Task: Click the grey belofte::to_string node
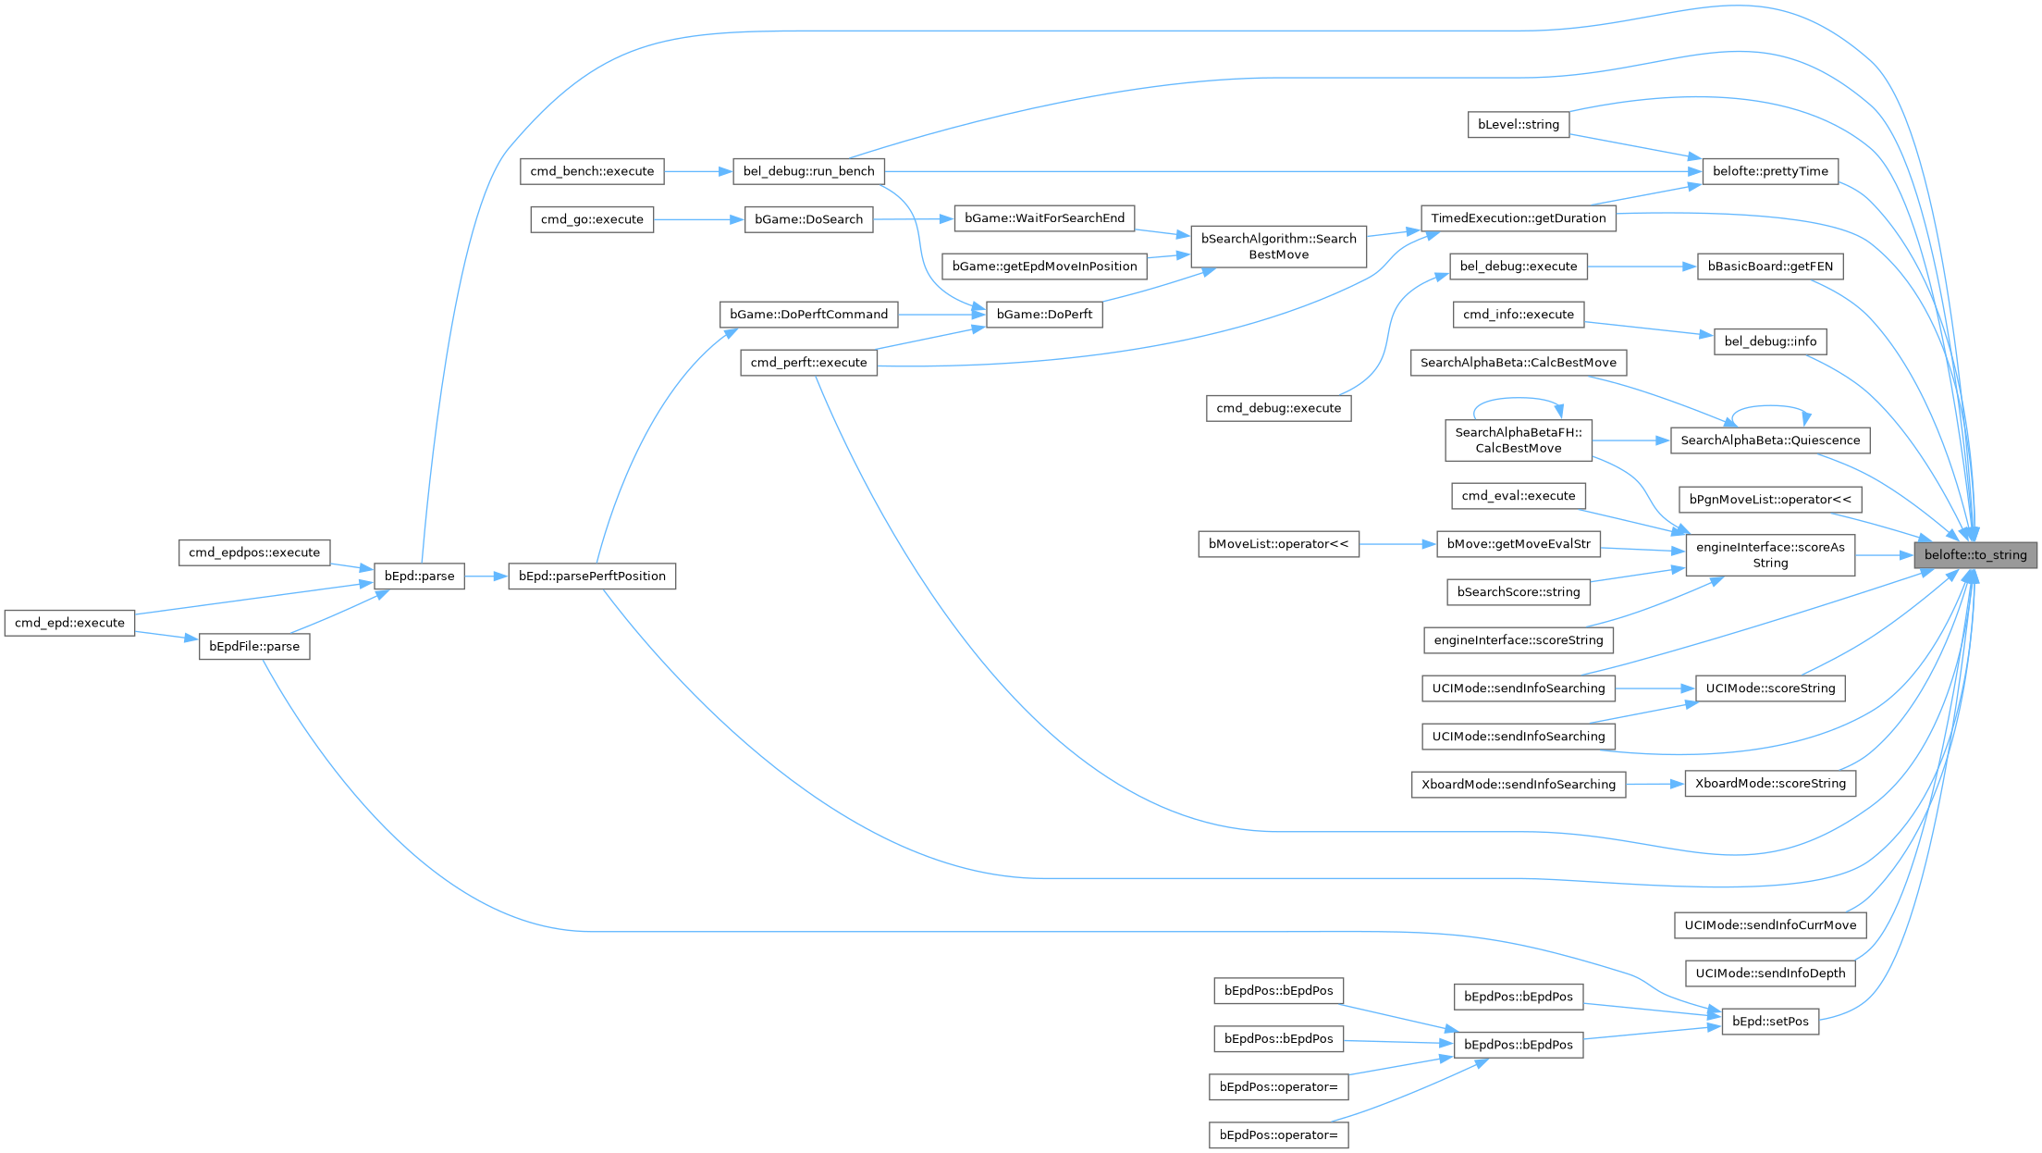[x=1975, y=555]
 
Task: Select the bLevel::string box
[x=1518, y=125]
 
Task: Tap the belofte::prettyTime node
[x=1769, y=171]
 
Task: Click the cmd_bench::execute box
[x=592, y=171]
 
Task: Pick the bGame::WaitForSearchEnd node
[x=1044, y=218]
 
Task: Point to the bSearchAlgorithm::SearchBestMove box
[x=1278, y=246]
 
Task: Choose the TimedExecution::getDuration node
[x=1518, y=218]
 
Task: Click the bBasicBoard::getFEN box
[x=1769, y=267]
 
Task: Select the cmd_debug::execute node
[x=1278, y=408]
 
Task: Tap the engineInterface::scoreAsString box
[x=1769, y=555]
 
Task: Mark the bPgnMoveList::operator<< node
[x=1769, y=500]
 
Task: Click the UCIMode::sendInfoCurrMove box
[x=1769, y=925]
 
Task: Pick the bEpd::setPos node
[x=1769, y=1022]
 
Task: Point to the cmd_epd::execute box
[x=69, y=623]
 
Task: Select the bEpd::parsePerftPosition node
[x=592, y=576]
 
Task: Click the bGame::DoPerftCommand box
[x=808, y=315]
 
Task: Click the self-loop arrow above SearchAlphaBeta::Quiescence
[x=1770, y=406]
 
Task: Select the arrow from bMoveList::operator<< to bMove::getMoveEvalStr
[x=1397, y=544]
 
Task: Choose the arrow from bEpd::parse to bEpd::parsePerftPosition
[x=486, y=576]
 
